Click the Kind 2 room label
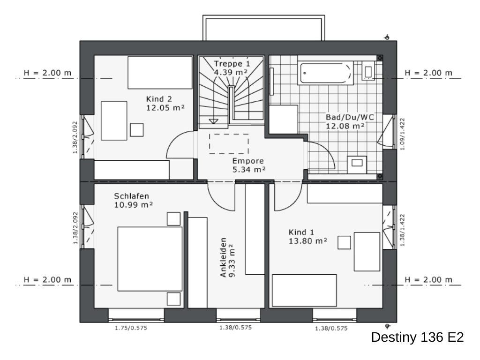click(159, 99)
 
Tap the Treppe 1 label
click(232, 64)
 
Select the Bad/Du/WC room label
click(350, 117)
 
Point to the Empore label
click(248, 161)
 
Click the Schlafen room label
click(132, 196)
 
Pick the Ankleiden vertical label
click(223, 257)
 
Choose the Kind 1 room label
click(301, 232)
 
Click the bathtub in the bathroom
click(325, 73)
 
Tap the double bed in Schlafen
click(150, 259)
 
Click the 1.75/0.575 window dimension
click(131, 328)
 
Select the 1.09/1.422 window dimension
click(403, 134)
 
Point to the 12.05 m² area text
click(165, 108)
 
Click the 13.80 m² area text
click(308, 241)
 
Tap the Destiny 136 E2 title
click(418, 337)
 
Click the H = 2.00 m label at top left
click(47, 73)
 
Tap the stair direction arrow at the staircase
click(213, 121)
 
